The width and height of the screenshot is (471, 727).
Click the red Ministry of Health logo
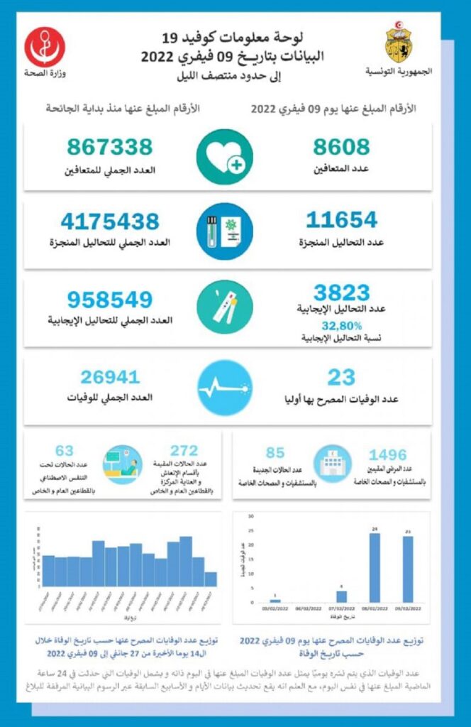click(x=45, y=47)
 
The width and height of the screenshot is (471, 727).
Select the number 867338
click(x=110, y=147)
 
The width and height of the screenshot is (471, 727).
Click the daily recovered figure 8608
click(x=340, y=147)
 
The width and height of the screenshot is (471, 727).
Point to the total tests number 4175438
click(x=109, y=222)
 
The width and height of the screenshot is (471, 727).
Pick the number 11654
click(x=341, y=220)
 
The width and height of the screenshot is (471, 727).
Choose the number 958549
click(x=110, y=299)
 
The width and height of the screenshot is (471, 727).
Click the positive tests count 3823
click(x=342, y=292)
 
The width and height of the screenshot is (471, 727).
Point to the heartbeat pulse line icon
click(x=224, y=387)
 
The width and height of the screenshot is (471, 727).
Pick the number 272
click(x=184, y=450)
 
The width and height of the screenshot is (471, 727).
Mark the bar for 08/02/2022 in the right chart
click(x=375, y=567)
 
